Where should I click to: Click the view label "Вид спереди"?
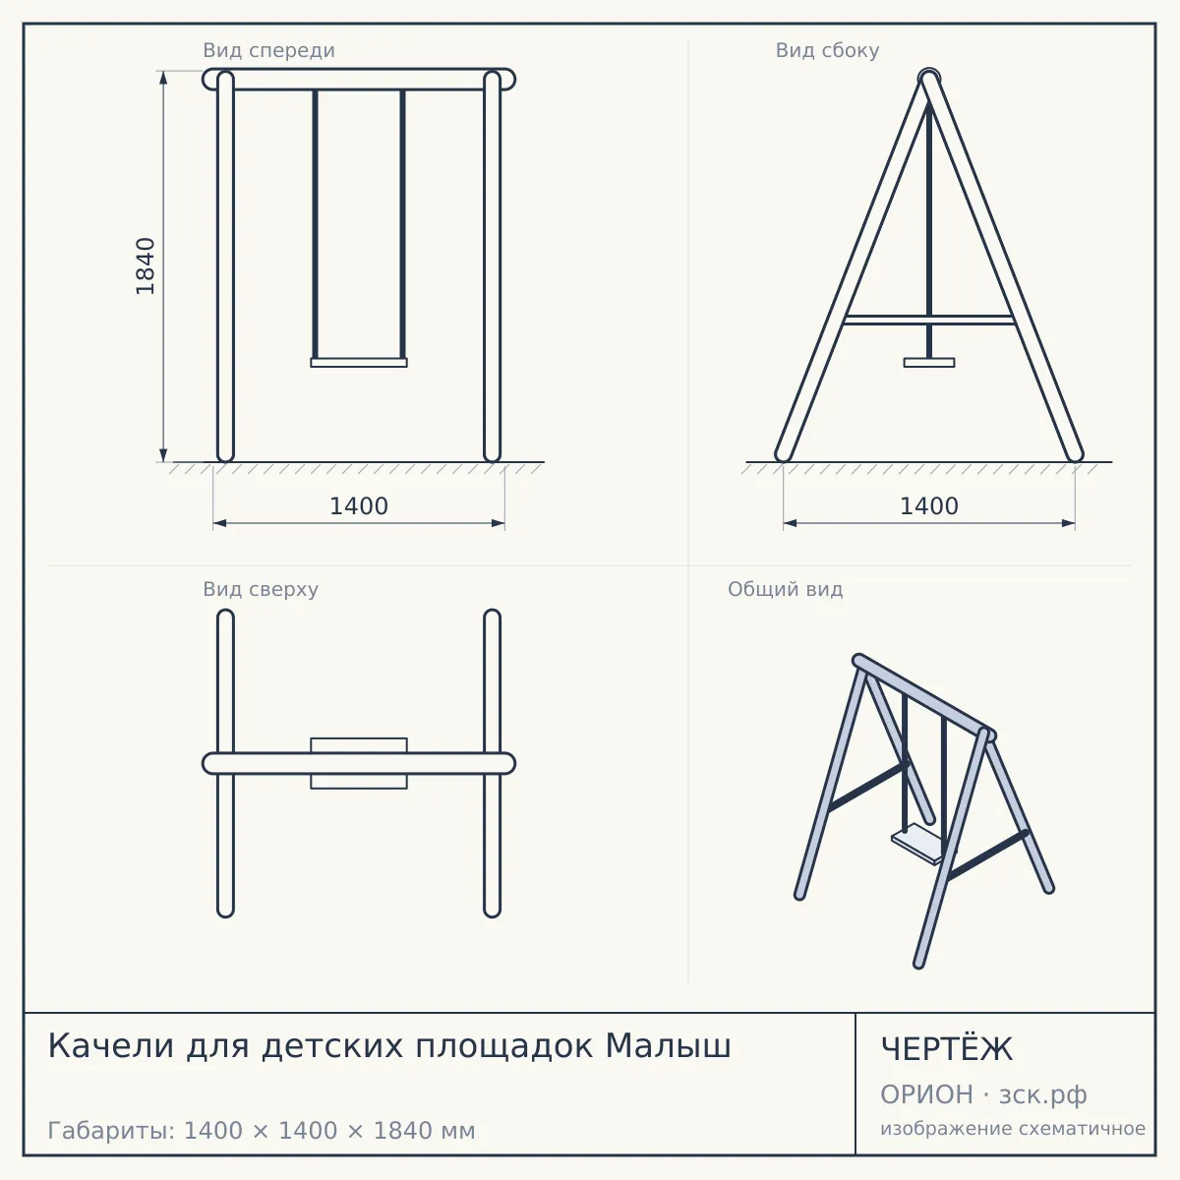pos(268,50)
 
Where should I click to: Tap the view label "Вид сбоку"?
pos(827,50)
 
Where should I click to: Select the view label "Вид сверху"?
pos(261,589)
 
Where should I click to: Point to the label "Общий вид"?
pos(785,589)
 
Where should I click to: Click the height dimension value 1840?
pos(146,266)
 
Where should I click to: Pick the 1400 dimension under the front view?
pos(359,506)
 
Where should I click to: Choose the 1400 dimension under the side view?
pos(929,506)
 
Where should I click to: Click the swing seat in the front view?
pos(359,363)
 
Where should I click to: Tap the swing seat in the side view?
pos(929,363)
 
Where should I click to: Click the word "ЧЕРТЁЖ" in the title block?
pos(947,1049)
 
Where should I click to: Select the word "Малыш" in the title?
pos(668,1046)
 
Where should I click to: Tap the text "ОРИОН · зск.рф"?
pos(983,1094)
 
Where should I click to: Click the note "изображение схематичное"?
pos(1013,1129)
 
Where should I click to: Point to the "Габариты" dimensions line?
pos(262,1131)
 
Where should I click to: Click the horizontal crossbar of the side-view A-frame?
pos(929,320)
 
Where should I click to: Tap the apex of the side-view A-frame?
pos(929,77)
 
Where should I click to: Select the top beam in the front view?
pos(359,80)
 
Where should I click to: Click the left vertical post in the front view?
pos(225,266)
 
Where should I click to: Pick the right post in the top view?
pos(493,763)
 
